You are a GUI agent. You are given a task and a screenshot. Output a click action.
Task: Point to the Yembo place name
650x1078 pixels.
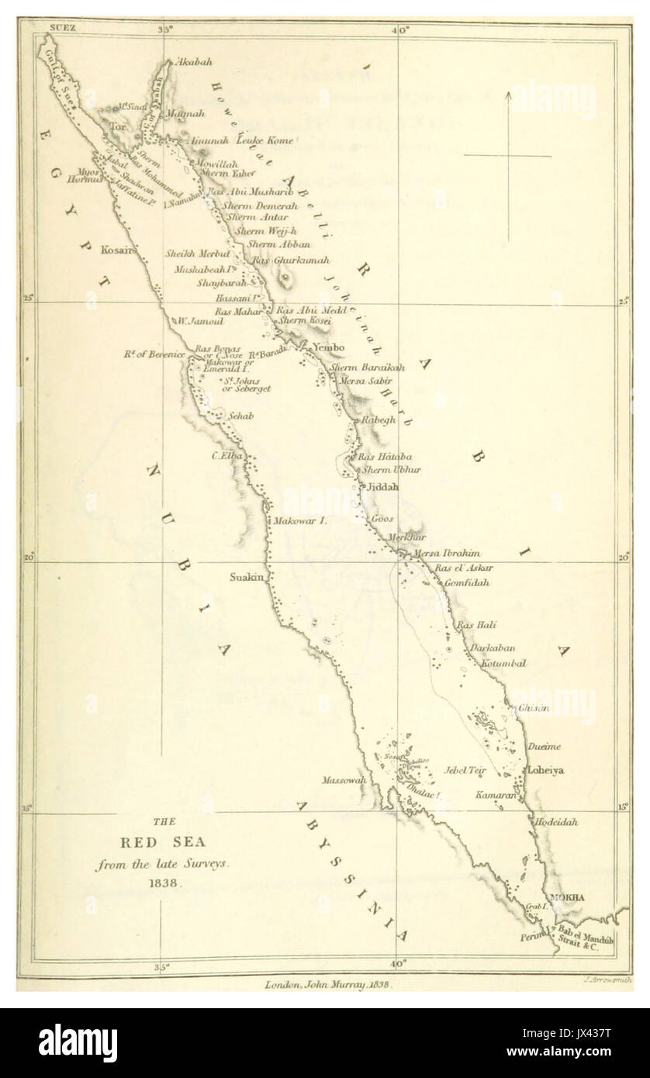(329, 349)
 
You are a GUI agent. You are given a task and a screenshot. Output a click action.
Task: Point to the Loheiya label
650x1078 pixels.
(545, 771)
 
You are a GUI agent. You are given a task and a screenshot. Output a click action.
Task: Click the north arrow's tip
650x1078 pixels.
(508, 92)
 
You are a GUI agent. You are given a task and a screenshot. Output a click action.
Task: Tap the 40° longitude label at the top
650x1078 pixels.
(399, 30)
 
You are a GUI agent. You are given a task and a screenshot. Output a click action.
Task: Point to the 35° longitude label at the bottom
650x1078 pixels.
(164, 966)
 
